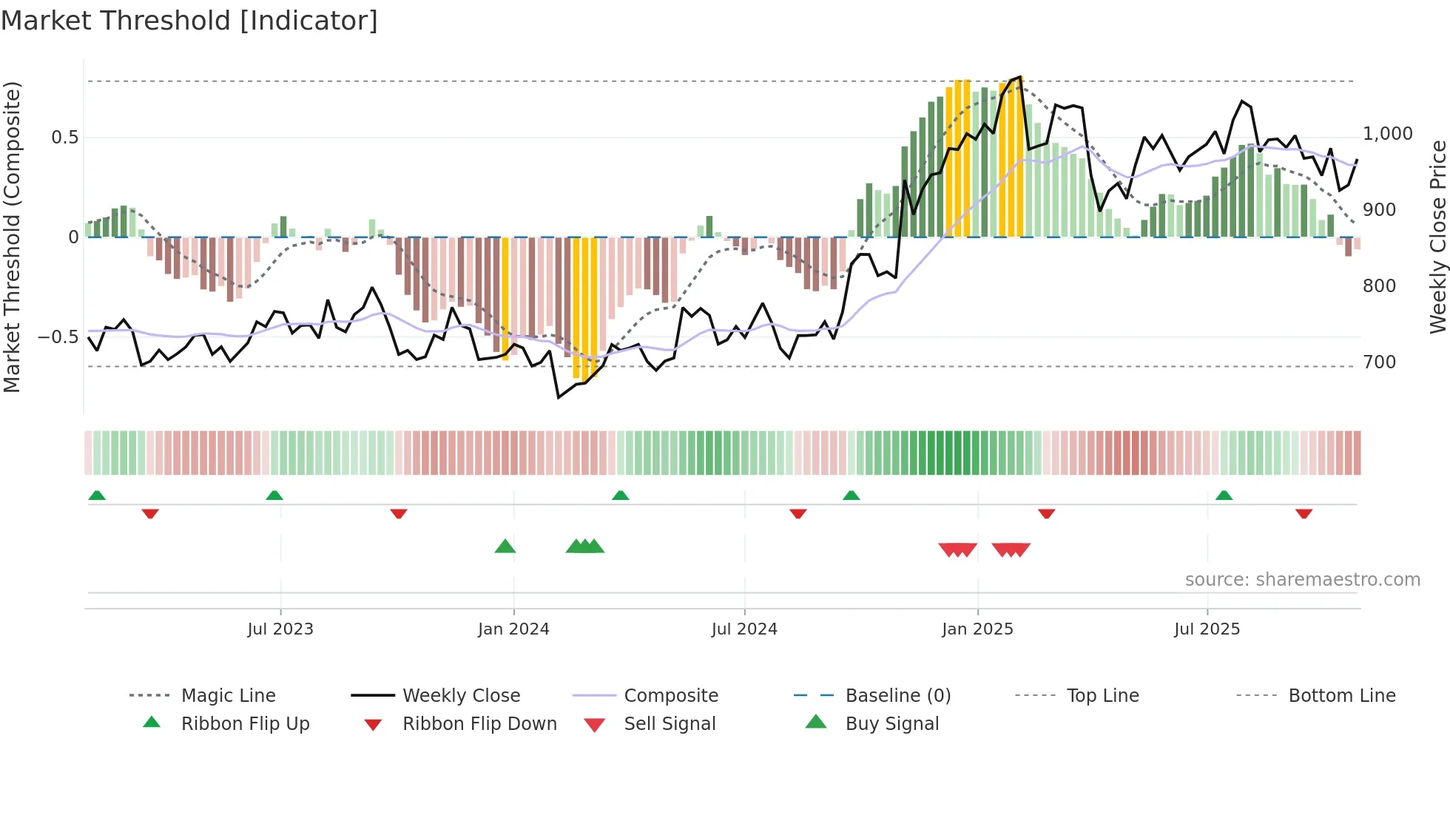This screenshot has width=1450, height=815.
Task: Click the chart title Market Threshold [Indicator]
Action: point(189,21)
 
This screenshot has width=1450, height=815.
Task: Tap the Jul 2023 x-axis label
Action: point(280,629)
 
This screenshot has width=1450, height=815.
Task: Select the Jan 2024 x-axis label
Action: point(513,629)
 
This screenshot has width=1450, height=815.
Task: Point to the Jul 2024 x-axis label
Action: point(744,629)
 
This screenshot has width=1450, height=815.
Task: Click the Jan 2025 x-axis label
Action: point(977,629)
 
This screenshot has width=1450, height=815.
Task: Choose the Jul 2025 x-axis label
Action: point(1207,629)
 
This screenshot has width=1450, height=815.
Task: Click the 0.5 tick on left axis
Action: point(64,138)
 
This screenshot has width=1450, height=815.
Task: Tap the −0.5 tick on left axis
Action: point(58,337)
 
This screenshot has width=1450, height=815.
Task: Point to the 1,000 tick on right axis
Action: point(1387,134)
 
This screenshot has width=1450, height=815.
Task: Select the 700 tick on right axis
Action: point(1379,362)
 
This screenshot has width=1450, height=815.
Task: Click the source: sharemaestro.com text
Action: point(1302,580)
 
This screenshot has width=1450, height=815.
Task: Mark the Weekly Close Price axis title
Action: point(1437,237)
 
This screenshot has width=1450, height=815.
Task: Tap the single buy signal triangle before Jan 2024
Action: point(505,547)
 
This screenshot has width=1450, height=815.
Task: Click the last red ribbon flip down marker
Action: point(1304,514)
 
